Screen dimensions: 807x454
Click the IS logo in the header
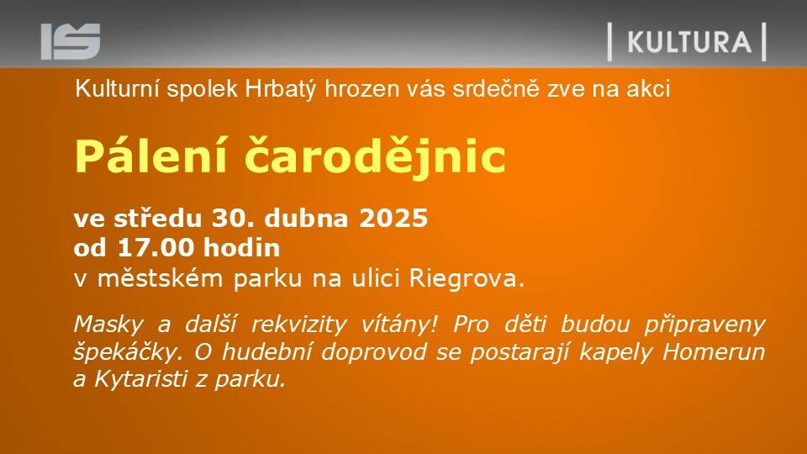[71, 41]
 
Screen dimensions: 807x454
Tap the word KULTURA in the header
[689, 42]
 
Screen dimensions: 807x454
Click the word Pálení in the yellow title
[150, 156]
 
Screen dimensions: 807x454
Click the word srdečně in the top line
[496, 88]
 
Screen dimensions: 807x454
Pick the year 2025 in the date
[393, 219]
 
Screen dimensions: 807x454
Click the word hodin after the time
[241, 247]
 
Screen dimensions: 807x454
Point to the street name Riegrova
[467, 278]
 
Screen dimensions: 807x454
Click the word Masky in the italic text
[108, 325]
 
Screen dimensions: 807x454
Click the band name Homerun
[714, 352]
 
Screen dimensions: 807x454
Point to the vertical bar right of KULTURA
[764, 42]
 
